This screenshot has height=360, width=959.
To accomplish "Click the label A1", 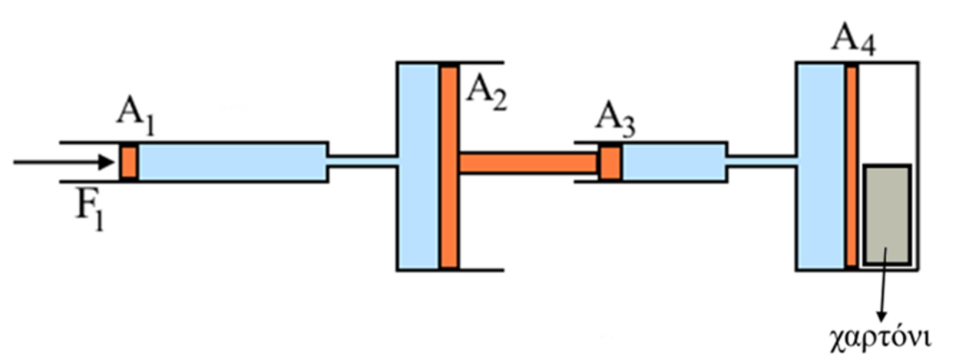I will click(x=135, y=127).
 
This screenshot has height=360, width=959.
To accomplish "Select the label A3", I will click(x=616, y=127).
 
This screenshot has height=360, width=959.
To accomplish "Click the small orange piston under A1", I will click(x=128, y=162).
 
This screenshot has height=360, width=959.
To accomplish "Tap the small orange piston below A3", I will click(x=611, y=162).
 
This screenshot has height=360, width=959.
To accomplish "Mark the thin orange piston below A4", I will click(x=851, y=166).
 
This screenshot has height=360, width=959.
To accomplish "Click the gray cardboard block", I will click(x=887, y=214).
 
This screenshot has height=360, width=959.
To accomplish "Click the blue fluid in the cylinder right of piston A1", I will click(x=232, y=162).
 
